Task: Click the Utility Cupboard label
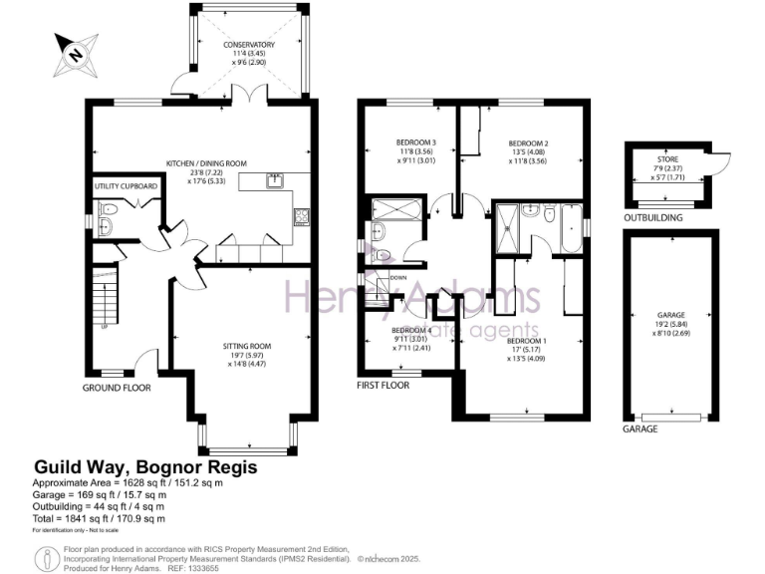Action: pyautogui.click(x=126, y=186)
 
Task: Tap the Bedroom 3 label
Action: pyautogui.click(x=407, y=150)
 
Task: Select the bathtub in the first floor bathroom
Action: pyautogui.click(x=572, y=228)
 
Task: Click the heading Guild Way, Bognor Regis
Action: pyautogui.click(x=146, y=466)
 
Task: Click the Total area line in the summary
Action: pyautogui.click(x=99, y=518)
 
